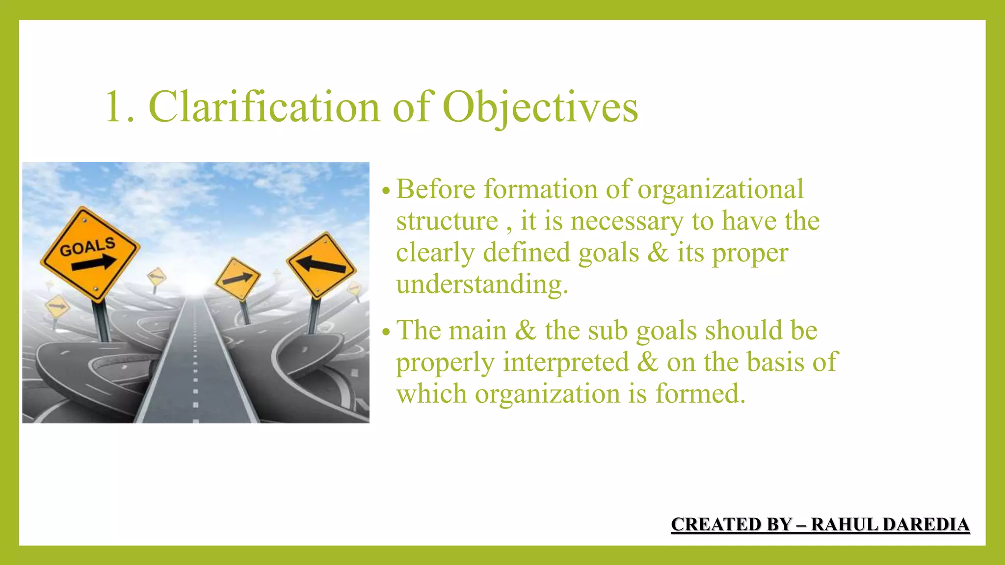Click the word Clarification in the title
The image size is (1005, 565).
[264, 106]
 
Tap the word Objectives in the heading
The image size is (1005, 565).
[540, 106]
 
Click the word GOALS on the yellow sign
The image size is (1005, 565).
[87, 247]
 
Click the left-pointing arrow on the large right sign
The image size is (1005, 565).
[321, 265]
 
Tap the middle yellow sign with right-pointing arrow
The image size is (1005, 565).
[238, 279]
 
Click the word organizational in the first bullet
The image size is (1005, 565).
[720, 189]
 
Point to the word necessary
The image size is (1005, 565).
[627, 221]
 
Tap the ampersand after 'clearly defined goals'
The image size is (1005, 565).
[658, 253]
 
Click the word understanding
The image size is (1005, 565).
[482, 284]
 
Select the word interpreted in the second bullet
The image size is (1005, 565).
[566, 362]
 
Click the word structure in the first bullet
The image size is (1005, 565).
[447, 221]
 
